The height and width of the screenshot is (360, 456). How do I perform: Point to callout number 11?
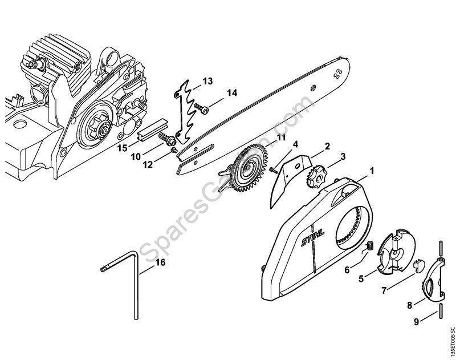[265, 137]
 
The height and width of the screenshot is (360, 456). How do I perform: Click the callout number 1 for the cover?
[372, 171]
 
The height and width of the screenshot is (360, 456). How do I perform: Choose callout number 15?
[122, 148]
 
